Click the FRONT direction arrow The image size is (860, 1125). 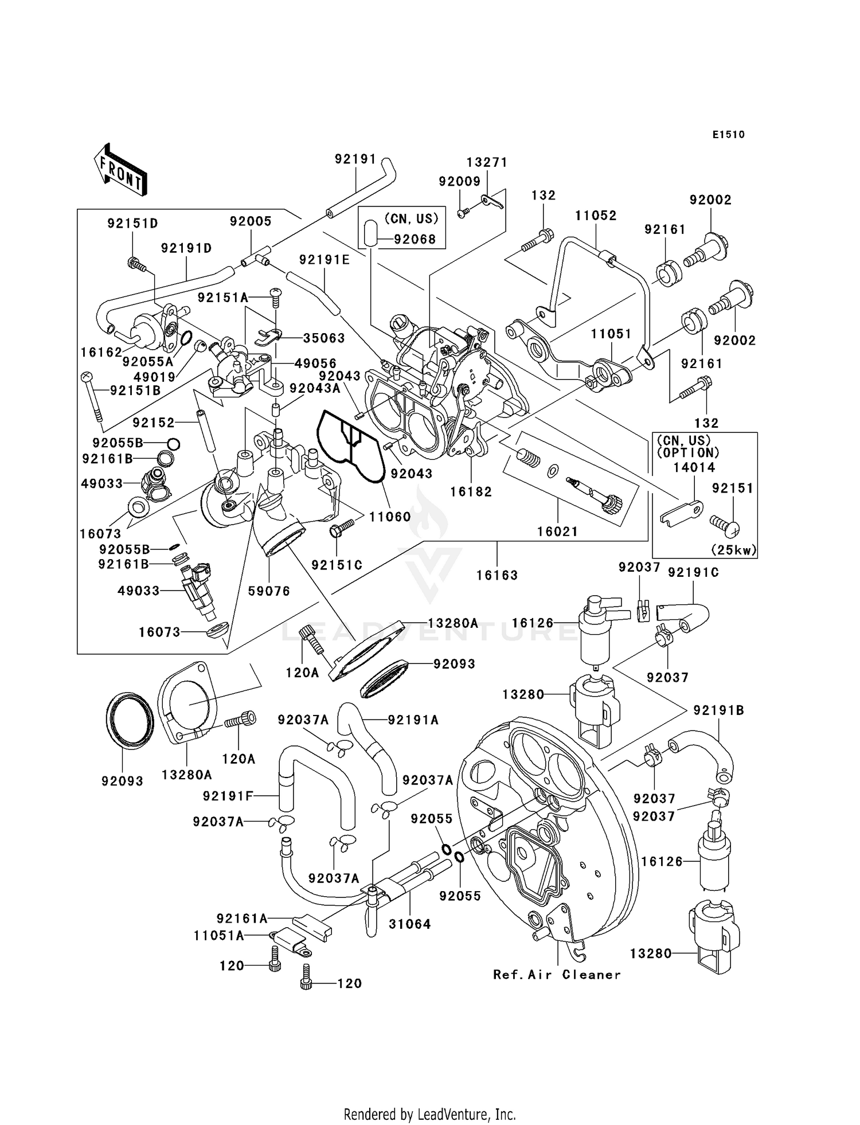(x=120, y=171)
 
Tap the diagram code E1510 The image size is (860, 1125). (x=728, y=135)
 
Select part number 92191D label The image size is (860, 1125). (x=186, y=248)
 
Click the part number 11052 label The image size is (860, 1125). (x=596, y=216)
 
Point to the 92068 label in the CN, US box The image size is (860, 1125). (x=415, y=239)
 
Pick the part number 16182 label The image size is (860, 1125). (x=471, y=491)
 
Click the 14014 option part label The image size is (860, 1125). (x=694, y=467)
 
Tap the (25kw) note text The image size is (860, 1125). (x=733, y=550)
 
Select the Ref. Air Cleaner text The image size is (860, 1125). (x=557, y=975)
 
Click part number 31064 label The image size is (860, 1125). (x=409, y=924)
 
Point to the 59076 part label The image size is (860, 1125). (x=269, y=591)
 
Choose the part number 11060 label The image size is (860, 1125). (x=390, y=517)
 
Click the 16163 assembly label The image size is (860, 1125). (x=497, y=575)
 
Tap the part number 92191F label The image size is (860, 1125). (x=228, y=796)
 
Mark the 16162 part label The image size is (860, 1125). (x=101, y=352)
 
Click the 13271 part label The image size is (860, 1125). (x=487, y=163)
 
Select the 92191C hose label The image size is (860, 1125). (x=693, y=572)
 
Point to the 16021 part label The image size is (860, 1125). (x=557, y=532)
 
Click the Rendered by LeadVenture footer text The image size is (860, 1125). (x=429, y=1114)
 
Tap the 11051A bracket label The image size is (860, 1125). (x=218, y=936)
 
